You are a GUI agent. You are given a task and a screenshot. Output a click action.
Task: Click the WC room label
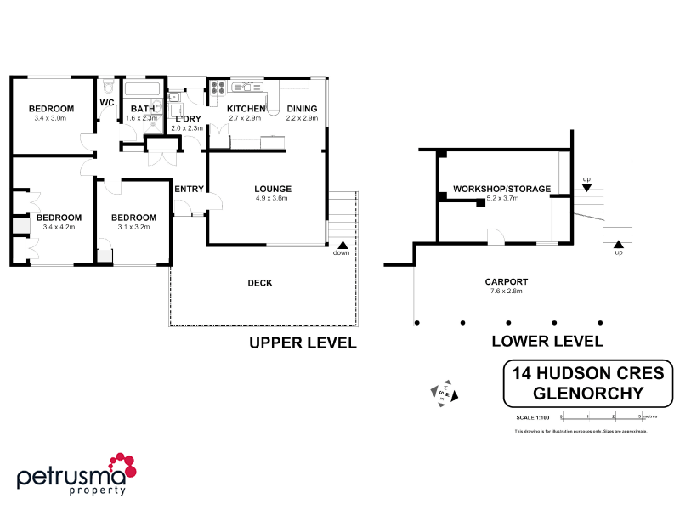pyautogui.click(x=107, y=103)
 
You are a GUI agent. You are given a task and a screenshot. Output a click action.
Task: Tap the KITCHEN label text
pyautogui.click(x=246, y=109)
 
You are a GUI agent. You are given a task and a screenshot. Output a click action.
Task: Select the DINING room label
pyautogui.click(x=302, y=109)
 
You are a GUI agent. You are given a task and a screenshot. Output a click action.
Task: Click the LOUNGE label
pyautogui.click(x=273, y=189)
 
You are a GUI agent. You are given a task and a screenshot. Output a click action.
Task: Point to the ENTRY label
pyautogui.click(x=189, y=189)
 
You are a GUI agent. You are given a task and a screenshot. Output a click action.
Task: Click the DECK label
pyautogui.click(x=259, y=283)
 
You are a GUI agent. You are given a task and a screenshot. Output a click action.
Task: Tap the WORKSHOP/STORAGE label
pyautogui.click(x=501, y=189)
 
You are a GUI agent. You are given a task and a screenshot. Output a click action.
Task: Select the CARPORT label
pyautogui.click(x=507, y=281)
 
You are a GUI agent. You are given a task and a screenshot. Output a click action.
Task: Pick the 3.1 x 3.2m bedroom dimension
pyautogui.click(x=134, y=227)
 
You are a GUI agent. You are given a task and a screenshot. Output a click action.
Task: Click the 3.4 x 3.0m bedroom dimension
pyautogui.click(x=51, y=118)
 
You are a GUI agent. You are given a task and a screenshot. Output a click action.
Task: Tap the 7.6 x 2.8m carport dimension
pyautogui.click(x=507, y=291)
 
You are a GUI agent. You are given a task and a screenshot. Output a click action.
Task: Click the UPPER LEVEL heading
pyautogui.click(x=302, y=343)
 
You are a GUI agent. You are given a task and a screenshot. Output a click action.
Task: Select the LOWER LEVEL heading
pyautogui.click(x=547, y=342)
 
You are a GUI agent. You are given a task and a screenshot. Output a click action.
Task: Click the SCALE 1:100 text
pyautogui.click(x=533, y=417)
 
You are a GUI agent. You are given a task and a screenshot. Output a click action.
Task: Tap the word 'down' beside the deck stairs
pyautogui.click(x=341, y=252)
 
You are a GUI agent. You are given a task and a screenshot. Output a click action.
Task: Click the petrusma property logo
pyautogui.click(x=76, y=474)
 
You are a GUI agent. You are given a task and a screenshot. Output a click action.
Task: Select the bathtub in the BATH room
pyautogui.click(x=143, y=88)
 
